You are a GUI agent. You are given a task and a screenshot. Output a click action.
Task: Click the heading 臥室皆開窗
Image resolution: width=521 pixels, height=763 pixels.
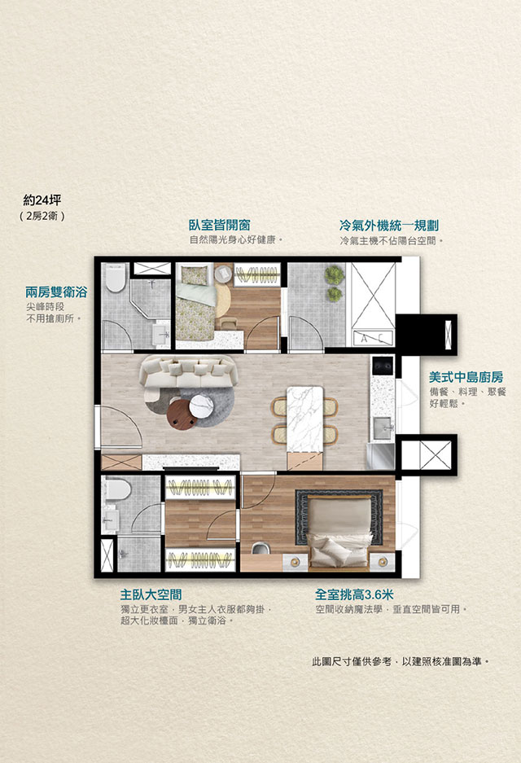[220, 226]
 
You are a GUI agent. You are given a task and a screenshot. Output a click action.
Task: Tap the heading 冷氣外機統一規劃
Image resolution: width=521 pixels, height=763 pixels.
[389, 226]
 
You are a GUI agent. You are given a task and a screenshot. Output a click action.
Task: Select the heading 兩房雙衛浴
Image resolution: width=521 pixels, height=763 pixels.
[56, 292]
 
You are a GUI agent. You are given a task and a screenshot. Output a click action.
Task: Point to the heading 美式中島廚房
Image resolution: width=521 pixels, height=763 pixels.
[466, 377]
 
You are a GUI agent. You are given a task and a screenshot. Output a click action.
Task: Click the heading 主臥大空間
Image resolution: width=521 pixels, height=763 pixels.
[151, 594]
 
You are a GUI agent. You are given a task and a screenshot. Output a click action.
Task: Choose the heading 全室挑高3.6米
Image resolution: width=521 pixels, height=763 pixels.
[354, 594]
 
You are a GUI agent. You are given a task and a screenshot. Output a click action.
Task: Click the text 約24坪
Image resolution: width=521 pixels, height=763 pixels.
[42, 200]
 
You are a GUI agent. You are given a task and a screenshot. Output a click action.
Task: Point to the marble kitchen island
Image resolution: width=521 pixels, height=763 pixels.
[305, 419]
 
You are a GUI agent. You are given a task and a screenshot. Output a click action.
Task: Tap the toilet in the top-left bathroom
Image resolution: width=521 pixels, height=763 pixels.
[116, 278]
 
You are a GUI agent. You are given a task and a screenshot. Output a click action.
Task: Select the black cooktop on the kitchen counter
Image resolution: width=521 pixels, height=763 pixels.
[383, 366]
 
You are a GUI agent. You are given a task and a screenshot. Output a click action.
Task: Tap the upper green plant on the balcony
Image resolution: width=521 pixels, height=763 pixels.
[335, 275]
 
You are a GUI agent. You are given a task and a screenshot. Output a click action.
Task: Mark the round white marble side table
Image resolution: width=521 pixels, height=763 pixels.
[201, 406]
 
